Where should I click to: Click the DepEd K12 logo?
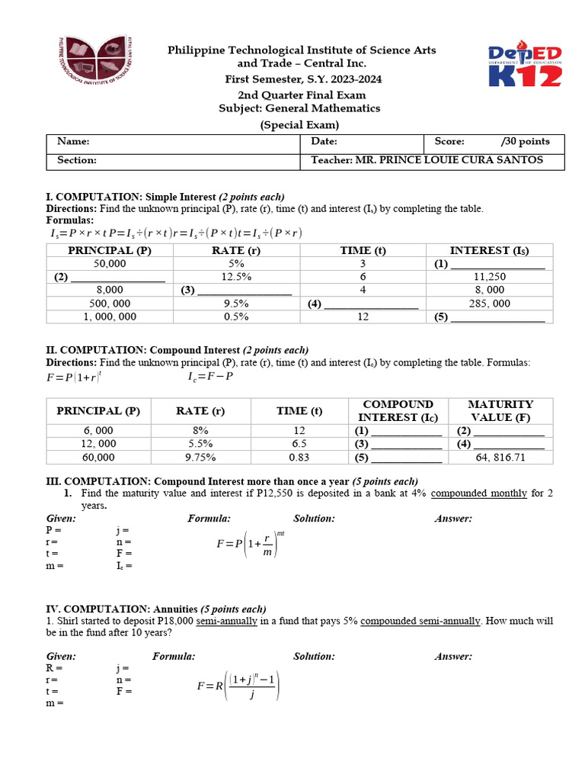pyautogui.click(x=525, y=66)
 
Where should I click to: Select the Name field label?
pyautogui.click(x=73, y=142)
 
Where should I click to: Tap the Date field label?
pyautogui.click(x=324, y=142)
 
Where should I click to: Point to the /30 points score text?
pyautogui.click(x=526, y=142)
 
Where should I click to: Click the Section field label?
pyautogui.click(x=77, y=160)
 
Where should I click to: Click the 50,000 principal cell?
pyautogui.click(x=110, y=263)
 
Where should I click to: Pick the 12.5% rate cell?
pyautogui.click(x=237, y=277)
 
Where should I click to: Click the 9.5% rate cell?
pyautogui.click(x=237, y=304)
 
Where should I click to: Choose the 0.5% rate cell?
pyautogui.click(x=237, y=317)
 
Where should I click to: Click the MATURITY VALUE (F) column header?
pyautogui.click(x=500, y=411)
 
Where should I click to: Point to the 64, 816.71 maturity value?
pyautogui.click(x=500, y=458)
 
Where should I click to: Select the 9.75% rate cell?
pyautogui.click(x=200, y=458)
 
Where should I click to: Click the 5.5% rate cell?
pyautogui.click(x=200, y=444)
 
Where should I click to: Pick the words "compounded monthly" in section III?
pyautogui.click(x=478, y=493)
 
